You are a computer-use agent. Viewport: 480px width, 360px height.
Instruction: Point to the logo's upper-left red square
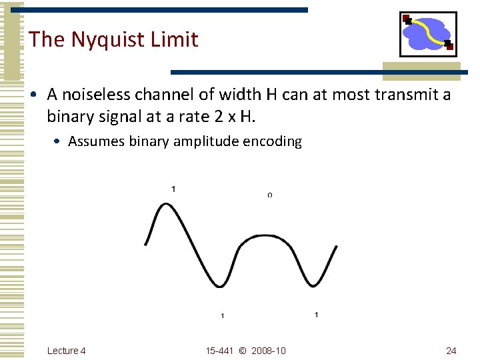point(406,18)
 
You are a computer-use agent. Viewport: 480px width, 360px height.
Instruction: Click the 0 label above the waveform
point(269,195)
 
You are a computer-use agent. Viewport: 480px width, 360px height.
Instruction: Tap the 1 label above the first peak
point(173,189)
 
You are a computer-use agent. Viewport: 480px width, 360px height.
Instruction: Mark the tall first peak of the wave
point(164,205)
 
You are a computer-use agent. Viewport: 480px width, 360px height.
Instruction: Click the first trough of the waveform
point(221,286)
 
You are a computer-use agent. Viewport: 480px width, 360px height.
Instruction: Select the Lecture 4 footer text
point(67,351)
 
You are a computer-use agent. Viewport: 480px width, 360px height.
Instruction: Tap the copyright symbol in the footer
point(242,351)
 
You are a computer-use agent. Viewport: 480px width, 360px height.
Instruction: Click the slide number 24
point(451,351)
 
